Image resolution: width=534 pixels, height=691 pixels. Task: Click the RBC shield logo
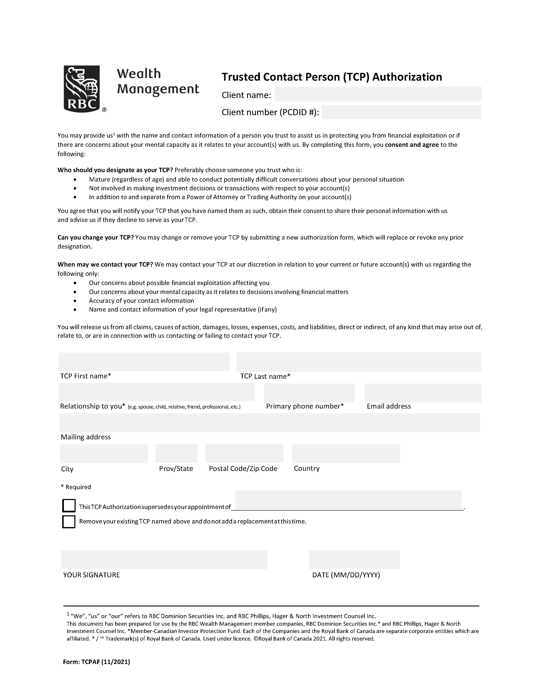pyautogui.click(x=82, y=88)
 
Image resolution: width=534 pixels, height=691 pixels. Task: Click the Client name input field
pyautogui.click(x=378, y=94)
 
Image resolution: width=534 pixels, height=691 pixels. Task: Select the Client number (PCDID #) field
pyautogui.click(x=401, y=112)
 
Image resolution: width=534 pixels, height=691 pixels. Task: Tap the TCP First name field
pyautogui.click(x=144, y=362)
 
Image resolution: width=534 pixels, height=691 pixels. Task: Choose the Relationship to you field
pyautogui.click(x=157, y=392)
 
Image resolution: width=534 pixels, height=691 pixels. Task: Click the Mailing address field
pyautogui.click(x=270, y=422)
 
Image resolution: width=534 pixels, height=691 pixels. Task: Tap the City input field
pyautogui.click(x=104, y=453)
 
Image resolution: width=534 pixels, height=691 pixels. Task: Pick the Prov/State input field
pyautogui.click(x=176, y=453)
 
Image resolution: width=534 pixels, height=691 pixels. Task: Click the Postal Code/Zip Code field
pyautogui.click(x=244, y=453)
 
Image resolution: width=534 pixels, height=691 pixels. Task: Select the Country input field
pyautogui.click(x=346, y=453)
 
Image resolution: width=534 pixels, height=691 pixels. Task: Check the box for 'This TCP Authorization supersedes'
pyautogui.click(x=69, y=505)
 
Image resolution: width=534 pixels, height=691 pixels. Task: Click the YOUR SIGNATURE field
pyautogui.click(x=164, y=559)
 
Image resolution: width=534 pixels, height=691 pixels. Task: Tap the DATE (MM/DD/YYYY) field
pyautogui.click(x=354, y=559)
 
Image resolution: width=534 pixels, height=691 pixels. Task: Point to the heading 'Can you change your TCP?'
pyautogui.click(x=95, y=237)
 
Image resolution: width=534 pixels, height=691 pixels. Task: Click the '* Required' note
pyautogui.click(x=76, y=487)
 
